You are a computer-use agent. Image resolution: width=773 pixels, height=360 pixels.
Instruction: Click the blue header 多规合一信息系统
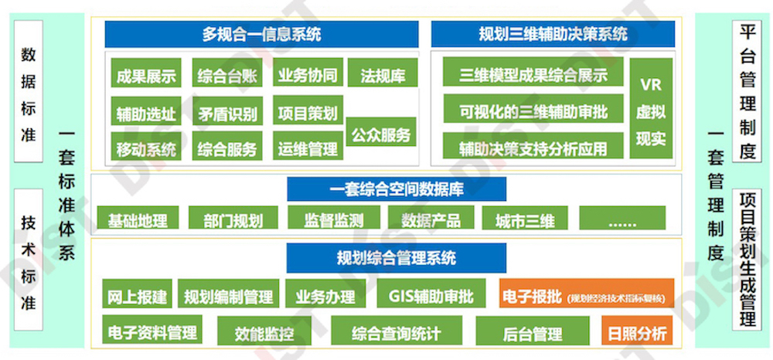point(261,34)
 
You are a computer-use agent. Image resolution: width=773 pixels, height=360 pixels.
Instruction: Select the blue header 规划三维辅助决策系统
point(553,34)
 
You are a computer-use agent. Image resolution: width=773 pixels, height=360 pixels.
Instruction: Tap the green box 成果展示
point(145,75)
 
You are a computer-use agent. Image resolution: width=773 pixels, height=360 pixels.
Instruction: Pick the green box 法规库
point(382,75)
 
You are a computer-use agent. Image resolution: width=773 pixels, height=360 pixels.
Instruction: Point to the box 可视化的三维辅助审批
point(533,110)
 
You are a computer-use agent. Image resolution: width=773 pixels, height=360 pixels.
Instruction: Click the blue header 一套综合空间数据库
point(397,188)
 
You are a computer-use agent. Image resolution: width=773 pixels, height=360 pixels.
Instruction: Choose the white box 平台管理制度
point(747,91)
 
